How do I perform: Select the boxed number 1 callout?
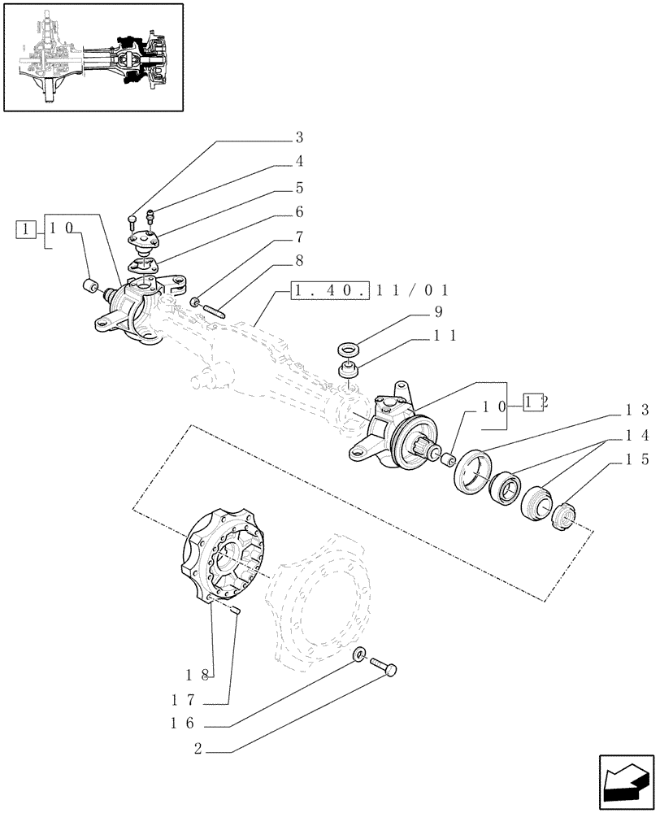(x=27, y=229)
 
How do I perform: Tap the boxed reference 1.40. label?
(x=330, y=289)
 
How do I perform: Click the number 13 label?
(x=635, y=411)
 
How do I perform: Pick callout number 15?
(x=635, y=459)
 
